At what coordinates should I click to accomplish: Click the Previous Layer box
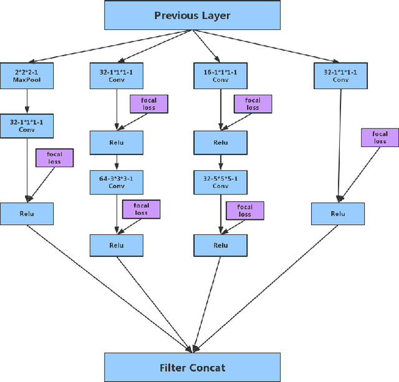pos(192,16)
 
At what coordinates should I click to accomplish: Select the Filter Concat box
pos(191,367)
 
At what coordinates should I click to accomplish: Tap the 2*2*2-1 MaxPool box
pos(27,76)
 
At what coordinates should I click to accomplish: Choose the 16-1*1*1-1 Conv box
pos(220,76)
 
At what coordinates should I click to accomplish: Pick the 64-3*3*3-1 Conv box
pos(117,181)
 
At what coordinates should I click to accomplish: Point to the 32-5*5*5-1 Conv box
pos(220,181)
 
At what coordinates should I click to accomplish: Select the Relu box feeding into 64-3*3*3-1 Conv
pos(117,143)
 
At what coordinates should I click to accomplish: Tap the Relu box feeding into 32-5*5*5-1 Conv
pos(220,143)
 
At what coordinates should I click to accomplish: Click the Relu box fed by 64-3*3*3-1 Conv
pos(117,245)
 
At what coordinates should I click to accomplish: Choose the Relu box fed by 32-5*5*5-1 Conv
pos(220,245)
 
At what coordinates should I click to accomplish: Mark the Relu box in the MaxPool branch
pos(27,214)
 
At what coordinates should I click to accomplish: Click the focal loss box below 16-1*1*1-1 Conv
pos(252,103)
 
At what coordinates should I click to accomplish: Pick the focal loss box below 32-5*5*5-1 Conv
pos(244,211)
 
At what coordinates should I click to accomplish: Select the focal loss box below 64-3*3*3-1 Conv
pos(141,209)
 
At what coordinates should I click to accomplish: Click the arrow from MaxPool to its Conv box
pos(27,101)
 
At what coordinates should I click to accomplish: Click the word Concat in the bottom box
pos(209,367)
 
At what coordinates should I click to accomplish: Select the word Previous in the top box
pos(175,16)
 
